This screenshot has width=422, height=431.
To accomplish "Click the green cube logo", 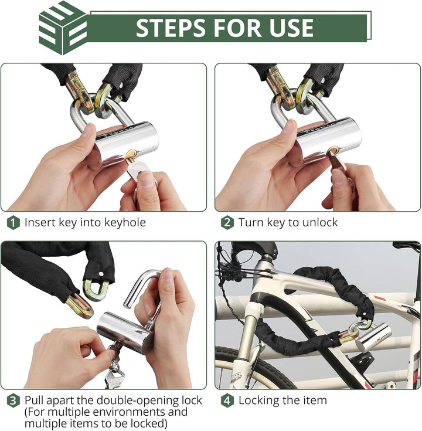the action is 63,28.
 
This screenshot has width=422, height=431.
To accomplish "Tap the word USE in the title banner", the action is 291,28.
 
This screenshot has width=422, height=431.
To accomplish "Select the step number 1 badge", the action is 13,223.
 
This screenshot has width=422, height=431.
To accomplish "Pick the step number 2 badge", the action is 227,223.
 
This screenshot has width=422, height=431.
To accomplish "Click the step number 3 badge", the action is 13,401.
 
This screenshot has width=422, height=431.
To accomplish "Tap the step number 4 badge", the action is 227,401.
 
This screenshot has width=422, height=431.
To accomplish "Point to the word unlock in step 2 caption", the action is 320,222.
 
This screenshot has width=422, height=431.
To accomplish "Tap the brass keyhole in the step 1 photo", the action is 130,155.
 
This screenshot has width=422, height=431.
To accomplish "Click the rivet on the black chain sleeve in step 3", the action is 101,274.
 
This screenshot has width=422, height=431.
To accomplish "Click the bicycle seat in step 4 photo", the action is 407,245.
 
